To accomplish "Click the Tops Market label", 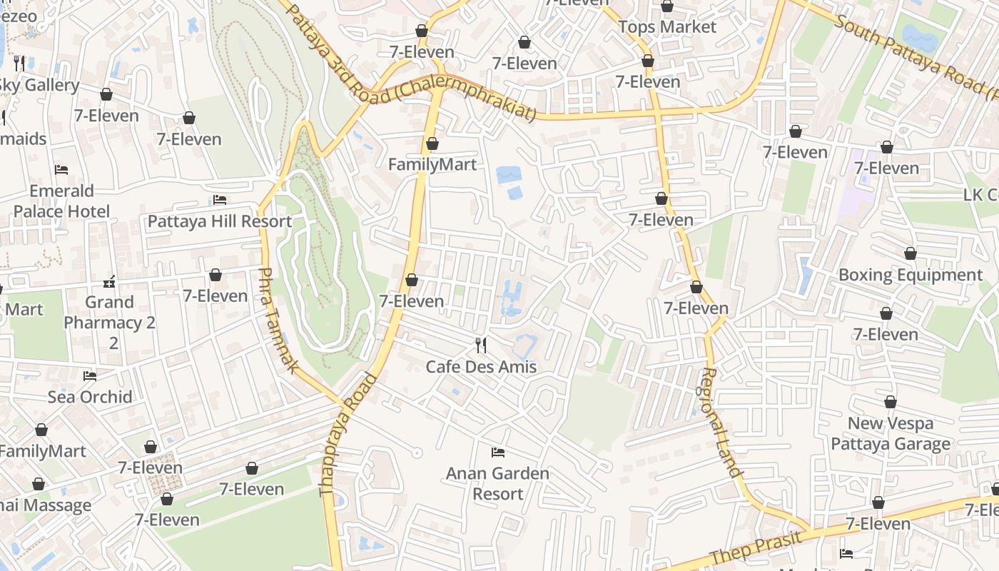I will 666,27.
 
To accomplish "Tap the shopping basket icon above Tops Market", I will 666,6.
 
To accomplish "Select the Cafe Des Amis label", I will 480,367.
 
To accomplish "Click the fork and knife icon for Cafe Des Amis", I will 481,345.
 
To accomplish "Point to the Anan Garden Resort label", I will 497,483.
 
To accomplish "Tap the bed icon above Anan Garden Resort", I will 498,453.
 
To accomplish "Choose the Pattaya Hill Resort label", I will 220,221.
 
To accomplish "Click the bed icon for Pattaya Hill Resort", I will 220,200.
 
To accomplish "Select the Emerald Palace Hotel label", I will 61,201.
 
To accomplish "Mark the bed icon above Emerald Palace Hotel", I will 61,170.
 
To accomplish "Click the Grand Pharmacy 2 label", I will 109,313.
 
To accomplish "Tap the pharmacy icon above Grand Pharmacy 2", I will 109,281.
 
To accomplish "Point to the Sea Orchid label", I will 90,397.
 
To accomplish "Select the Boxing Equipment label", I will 910,275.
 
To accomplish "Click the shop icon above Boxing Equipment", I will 910,253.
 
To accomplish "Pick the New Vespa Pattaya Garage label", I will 890,434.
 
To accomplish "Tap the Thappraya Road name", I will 348,435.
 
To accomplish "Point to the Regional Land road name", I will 721,423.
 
